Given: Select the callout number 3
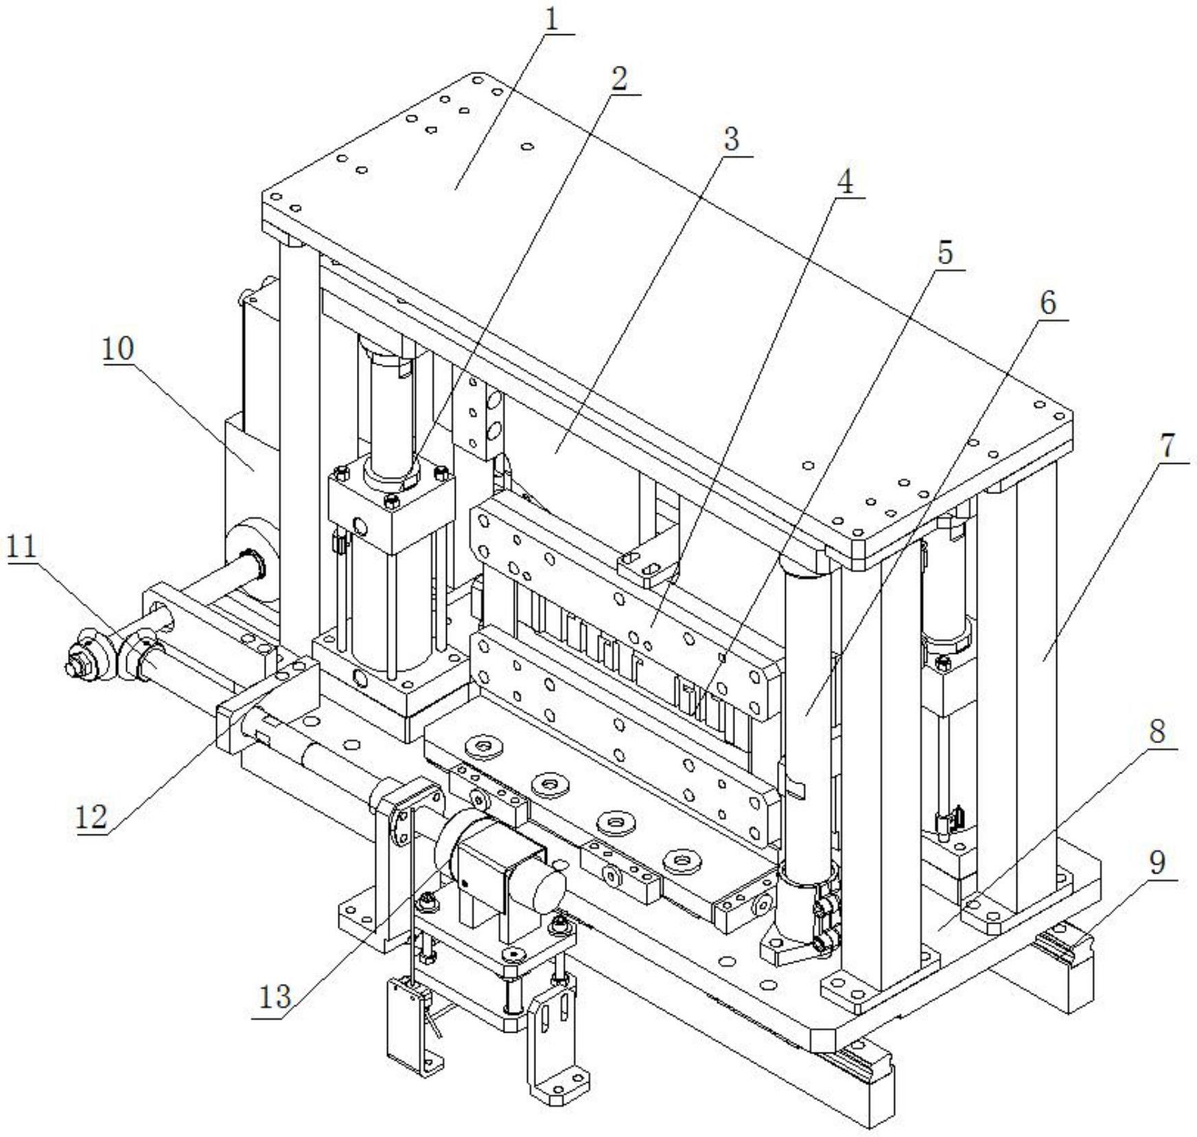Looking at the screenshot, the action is pos(731,140).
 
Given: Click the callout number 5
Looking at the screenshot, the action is pos(945,254).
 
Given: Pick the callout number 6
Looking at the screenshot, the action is pos(1048,303).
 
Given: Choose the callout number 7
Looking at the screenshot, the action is pos(1167,447).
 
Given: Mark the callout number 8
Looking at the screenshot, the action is pos(1157,732).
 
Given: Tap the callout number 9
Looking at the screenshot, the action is pos(1157,863).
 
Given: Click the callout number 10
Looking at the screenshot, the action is pos(119,349).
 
